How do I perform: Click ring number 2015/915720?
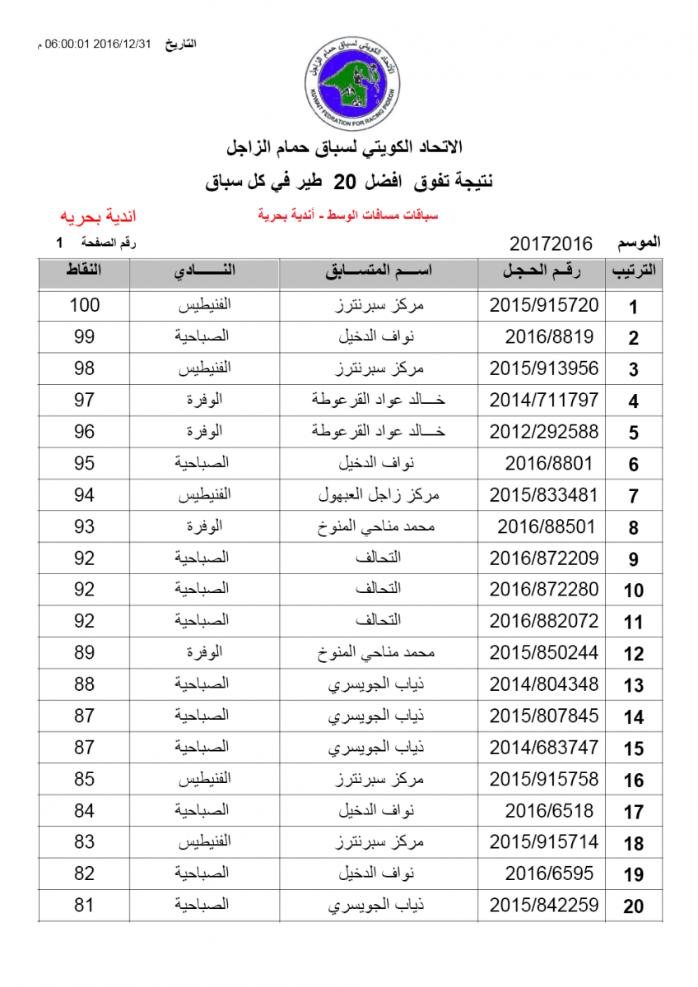[544, 305]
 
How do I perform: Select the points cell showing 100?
[84, 305]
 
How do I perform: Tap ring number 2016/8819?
[549, 336]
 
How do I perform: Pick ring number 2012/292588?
[544, 432]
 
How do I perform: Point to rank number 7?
[633, 496]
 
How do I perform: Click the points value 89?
[84, 653]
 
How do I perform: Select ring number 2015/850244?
[544, 653]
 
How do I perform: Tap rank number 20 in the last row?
[633, 906]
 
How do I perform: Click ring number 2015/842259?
[544, 906]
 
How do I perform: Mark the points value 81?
[84, 906]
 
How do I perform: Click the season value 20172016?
[551, 243]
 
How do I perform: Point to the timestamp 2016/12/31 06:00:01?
[97, 44]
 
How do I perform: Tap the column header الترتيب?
[633, 271]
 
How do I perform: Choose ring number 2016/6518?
[549, 811]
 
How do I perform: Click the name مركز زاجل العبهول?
[379, 495]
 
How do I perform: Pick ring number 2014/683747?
[544, 748]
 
